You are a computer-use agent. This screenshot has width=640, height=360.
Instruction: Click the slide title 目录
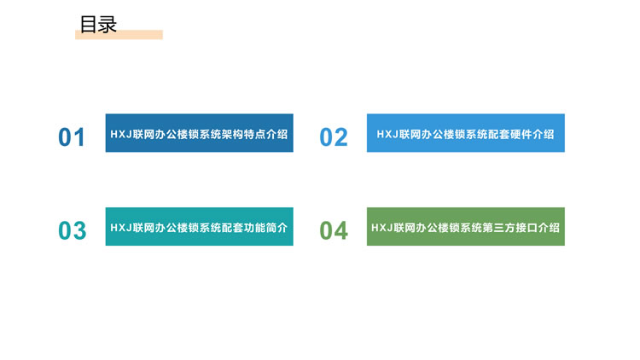pos(98,25)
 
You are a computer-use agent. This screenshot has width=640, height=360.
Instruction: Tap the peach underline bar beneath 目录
pos(119,35)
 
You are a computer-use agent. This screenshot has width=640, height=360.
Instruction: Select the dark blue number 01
pos(72,137)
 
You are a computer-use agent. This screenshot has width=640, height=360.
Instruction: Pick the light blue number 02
pos(334,137)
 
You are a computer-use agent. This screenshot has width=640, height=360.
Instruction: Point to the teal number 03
pos(73,230)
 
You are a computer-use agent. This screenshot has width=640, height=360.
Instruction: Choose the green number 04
pos(334,230)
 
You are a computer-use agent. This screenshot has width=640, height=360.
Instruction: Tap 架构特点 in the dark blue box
pos(243,134)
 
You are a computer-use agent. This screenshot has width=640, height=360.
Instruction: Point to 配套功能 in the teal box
pos(243,228)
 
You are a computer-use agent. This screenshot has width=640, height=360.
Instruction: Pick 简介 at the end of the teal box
pos(276,228)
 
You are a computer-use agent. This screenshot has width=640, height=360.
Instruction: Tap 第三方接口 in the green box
pos(509,228)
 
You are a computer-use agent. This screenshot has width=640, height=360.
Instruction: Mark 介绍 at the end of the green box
pos(549,228)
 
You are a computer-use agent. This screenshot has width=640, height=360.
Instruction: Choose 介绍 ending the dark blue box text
pos(276,134)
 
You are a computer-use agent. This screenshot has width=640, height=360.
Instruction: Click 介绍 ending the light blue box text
pos(544,134)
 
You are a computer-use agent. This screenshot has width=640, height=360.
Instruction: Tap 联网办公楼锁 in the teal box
pos(166,228)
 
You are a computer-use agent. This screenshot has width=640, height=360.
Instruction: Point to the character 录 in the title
pos(108,25)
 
